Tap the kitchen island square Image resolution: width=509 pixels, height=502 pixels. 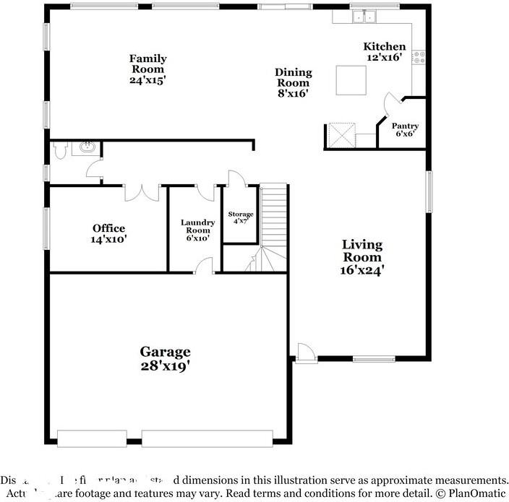coord(350,79)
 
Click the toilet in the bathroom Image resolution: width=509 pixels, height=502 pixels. coord(61,150)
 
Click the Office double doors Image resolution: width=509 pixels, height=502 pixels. coord(142,192)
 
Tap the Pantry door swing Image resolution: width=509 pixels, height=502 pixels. coord(391,105)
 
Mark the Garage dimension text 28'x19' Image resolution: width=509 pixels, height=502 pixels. coord(166,366)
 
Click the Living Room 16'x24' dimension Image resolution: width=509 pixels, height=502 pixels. coord(362,270)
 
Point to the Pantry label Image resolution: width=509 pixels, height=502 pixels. coord(405,126)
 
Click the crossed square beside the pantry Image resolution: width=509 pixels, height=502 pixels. coord(340,135)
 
